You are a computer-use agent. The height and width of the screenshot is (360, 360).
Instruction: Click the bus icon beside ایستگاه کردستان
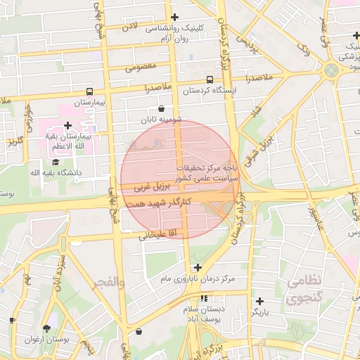pyautogui.click(x=210, y=79)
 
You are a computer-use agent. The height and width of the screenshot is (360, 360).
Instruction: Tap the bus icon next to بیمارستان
pyautogui.click(x=89, y=91)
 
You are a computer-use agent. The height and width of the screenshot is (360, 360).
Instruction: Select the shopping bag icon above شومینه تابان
pyautogui.click(x=162, y=108)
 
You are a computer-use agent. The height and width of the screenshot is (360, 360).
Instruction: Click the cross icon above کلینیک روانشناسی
pyautogui.click(x=175, y=17)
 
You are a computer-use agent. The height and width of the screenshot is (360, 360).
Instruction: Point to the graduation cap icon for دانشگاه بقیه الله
pyautogui.click(x=56, y=161)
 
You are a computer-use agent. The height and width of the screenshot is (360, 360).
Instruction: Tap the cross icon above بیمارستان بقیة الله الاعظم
pyautogui.click(x=67, y=124)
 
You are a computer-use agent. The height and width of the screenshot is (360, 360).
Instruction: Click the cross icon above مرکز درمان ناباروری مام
pyautogui.click(x=198, y=267)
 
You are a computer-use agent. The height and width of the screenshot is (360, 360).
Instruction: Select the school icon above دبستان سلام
pyautogui.click(x=205, y=298)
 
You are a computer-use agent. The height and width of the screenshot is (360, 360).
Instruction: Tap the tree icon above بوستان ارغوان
pyautogui.click(x=47, y=328)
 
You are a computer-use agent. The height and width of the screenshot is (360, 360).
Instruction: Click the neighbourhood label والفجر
pyautogui.click(x=107, y=283)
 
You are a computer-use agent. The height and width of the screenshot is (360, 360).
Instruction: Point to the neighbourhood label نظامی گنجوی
pyautogui.click(x=304, y=289)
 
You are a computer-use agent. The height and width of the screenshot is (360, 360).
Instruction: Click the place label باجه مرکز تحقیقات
pyautogui.click(x=208, y=168)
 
